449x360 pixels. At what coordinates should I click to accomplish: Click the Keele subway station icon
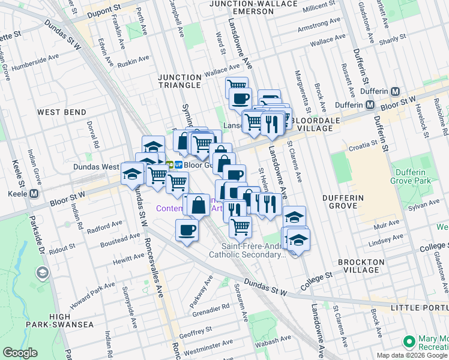click(x=34, y=193)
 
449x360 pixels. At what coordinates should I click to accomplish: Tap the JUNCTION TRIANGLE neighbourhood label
click(x=179, y=81)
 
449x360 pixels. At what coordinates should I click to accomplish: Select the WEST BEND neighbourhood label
click(x=61, y=112)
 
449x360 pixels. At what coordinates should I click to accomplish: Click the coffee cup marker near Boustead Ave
click(x=187, y=230)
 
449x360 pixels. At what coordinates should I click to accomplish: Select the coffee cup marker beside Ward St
click(x=240, y=98)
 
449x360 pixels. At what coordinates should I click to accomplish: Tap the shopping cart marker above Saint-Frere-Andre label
click(x=240, y=227)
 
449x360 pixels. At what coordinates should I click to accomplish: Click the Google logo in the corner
click(x=20, y=353)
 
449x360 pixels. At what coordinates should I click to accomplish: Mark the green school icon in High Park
click(x=42, y=274)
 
